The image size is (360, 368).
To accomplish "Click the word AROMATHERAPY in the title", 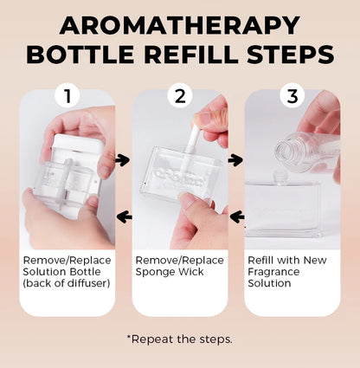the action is click(x=180, y=26).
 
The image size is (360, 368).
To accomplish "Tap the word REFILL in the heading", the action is click(x=190, y=55).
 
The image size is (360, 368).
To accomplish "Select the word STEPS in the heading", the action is click(x=291, y=55).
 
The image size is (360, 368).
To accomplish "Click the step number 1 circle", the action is click(x=67, y=96).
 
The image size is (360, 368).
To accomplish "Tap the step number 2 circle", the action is click(x=180, y=96).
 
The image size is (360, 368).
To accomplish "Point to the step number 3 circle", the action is click(x=292, y=96).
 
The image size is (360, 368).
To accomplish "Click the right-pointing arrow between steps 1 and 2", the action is click(x=122, y=160).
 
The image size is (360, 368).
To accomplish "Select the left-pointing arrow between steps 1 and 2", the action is click(x=125, y=216).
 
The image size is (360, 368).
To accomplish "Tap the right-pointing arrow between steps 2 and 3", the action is click(x=235, y=160).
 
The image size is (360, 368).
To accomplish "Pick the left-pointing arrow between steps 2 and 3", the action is click(x=237, y=216).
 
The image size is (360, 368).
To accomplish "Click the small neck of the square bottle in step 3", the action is click(x=279, y=177).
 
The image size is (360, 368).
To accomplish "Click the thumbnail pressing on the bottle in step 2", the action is click(x=187, y=198).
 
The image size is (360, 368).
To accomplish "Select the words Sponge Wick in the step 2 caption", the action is click(x=170, y=272).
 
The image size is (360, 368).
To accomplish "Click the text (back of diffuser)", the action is click(x=67, y=283).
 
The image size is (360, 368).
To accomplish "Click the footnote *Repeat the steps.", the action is click(x=179, y=339).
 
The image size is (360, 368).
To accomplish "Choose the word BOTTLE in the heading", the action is click(x=80, y=55).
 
